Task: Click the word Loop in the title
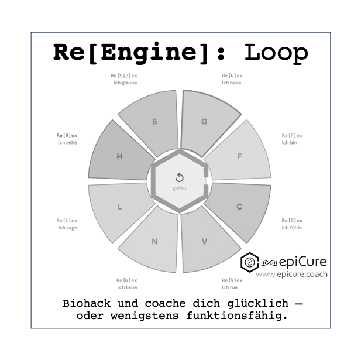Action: [276, 52]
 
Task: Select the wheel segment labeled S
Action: [154, 122]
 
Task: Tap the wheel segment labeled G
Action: [204, 122]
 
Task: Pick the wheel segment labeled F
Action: [239, 156]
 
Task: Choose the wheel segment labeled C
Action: [239, 207]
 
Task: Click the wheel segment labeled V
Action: [204, 241]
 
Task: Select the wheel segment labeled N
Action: [154, 241]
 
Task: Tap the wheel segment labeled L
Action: [119, 207]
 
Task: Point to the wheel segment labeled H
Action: [119, 156]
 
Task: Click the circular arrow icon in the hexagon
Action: [180, 177]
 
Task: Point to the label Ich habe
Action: [231, 83]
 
